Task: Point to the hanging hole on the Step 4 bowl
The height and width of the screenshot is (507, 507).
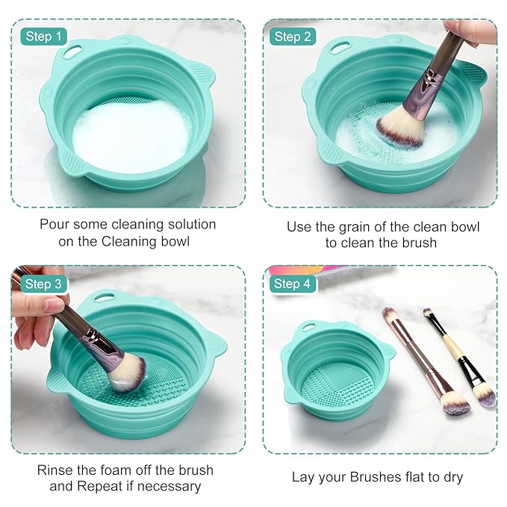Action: pyautogui.click(x=308, y=327)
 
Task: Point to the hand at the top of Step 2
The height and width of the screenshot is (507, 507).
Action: pyautogui.click(x=470, y=31)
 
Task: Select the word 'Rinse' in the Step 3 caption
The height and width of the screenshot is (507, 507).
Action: pyautogui.click(x=55, y=470)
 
